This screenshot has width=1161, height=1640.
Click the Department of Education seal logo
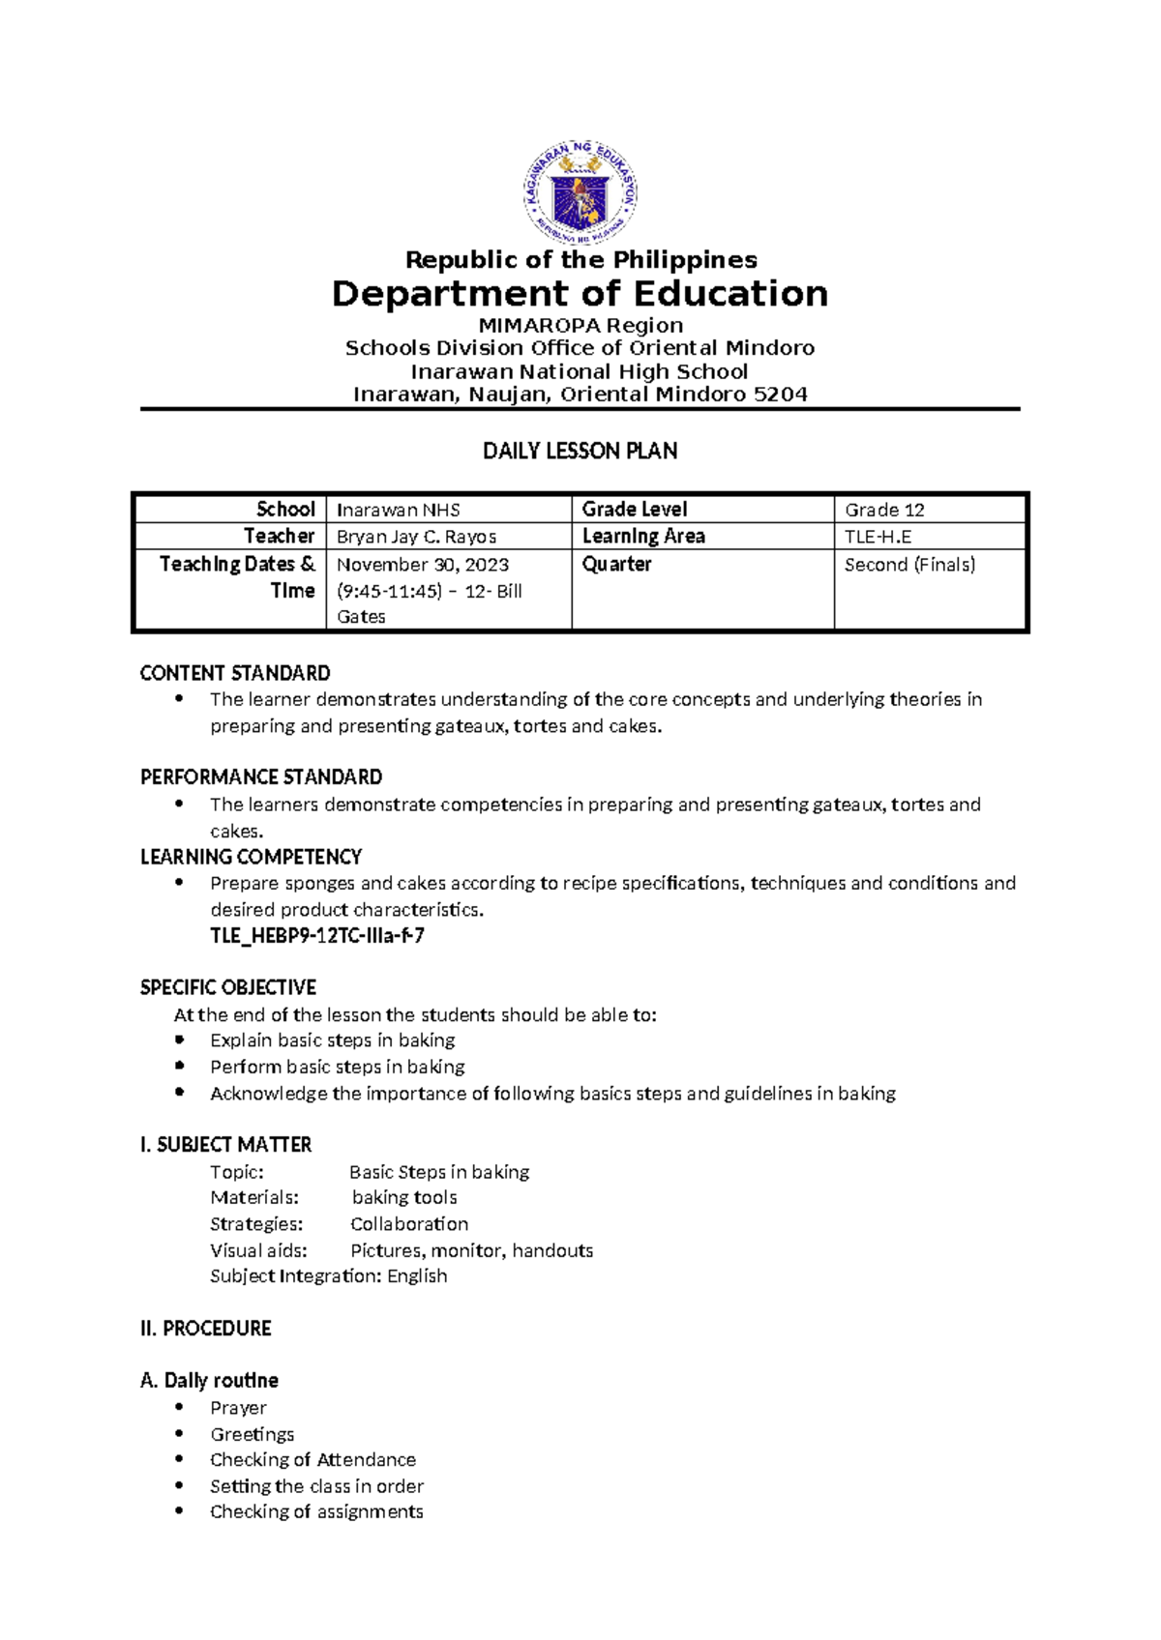pos(580,193)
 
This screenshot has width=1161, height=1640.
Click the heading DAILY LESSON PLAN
pos(580,451)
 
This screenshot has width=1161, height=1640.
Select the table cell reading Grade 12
pos(884,510)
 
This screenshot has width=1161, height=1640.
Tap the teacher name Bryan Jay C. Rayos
pos(416,537)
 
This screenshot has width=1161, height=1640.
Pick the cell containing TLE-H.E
pos(878,537)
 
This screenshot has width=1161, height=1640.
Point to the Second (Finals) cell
pos(909,565)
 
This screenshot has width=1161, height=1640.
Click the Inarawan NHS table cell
pos(398,510)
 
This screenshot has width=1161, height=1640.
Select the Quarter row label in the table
pos(616,565)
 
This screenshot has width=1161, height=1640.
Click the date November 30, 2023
pos(423,565)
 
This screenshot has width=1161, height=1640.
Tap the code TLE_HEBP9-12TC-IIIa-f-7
pos(317,936)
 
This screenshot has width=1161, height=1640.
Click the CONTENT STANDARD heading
pos(235,673)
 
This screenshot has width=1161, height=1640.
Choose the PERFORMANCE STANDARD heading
pos(261,777)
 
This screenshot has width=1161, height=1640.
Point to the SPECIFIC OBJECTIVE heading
pos(228,987)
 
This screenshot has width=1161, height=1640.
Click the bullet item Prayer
pos(238,1408)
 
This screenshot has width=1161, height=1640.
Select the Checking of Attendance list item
pos(313,1459)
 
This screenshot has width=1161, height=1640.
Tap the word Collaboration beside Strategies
pos(409,1224)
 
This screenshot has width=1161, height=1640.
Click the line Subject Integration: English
pos(329,1276)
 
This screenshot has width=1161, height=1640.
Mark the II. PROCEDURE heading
pos(206,1329)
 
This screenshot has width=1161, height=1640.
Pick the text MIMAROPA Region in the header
pos(580,326)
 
